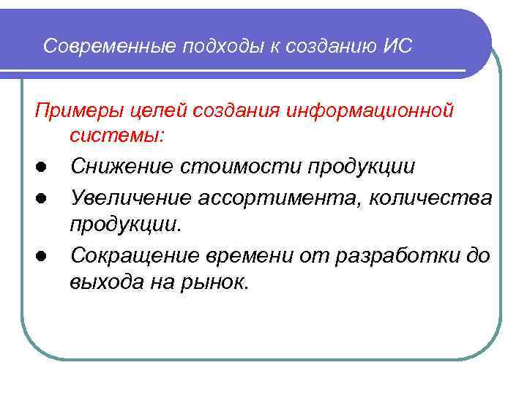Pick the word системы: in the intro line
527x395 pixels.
pos(118,135)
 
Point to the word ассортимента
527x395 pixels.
pos(274,197)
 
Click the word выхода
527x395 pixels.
pos(102,282)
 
